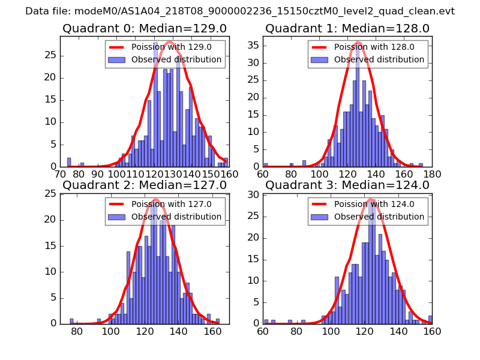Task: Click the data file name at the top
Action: [240, 11]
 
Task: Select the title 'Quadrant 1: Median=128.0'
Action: [347, 29]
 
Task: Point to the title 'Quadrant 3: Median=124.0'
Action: [347, 185]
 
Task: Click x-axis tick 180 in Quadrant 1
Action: [432, 174]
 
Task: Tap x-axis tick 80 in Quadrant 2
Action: [77, 331]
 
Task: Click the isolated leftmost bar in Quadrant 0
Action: [69, 162]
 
